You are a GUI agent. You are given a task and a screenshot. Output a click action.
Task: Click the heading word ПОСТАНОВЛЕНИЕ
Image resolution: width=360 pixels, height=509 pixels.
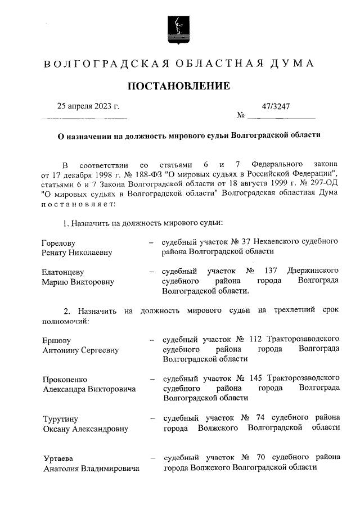179,86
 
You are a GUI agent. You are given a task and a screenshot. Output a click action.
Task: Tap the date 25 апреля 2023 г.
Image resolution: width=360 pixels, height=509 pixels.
89,106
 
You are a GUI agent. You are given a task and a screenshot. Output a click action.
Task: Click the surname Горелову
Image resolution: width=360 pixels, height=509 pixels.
58,242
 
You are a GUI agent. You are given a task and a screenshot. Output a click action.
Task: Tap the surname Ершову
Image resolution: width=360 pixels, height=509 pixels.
56,341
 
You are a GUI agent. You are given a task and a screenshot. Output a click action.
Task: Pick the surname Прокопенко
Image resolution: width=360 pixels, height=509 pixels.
65,379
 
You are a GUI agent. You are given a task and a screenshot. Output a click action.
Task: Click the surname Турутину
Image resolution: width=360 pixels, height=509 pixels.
60,419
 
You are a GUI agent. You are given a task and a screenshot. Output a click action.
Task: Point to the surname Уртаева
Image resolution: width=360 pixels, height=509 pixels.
58,458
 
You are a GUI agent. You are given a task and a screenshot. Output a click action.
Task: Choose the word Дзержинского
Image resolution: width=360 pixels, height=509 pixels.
313,270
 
